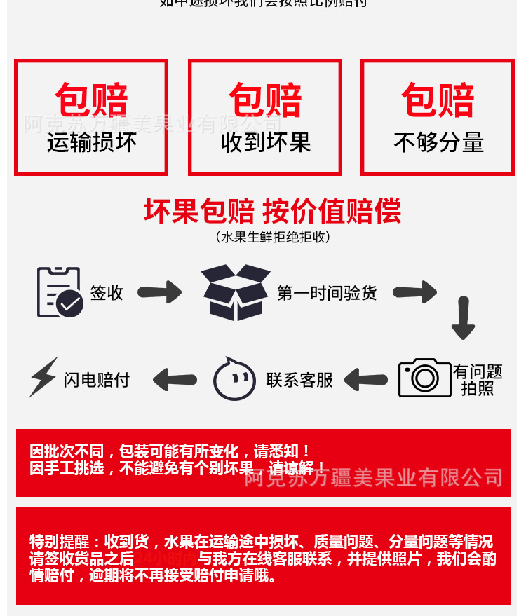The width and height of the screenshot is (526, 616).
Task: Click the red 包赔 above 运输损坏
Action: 91,100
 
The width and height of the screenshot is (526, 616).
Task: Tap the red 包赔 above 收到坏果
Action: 265,100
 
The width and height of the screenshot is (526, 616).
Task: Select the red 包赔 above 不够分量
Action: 438,100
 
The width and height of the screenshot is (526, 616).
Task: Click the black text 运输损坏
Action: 91,142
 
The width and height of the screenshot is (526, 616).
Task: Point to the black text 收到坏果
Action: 265,142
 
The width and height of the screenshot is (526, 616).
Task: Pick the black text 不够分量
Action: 438,142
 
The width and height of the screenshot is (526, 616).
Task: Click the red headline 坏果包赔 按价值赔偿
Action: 273,210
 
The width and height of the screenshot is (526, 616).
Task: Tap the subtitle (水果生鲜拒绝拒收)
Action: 273,237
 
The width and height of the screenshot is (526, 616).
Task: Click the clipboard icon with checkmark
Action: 59,292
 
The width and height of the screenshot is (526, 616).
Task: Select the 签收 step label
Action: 107,293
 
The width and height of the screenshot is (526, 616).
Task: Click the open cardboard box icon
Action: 236,292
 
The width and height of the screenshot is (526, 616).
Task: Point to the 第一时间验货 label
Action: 326,293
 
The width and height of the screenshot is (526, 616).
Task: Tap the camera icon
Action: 424,378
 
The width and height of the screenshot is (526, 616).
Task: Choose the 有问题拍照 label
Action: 478,379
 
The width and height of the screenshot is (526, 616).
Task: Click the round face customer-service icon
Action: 234,380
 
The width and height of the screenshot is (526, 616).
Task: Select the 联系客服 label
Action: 299,380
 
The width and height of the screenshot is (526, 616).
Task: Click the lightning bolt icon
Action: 43,377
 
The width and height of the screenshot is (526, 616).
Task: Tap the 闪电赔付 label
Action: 97,380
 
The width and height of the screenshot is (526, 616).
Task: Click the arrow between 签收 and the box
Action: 159,292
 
